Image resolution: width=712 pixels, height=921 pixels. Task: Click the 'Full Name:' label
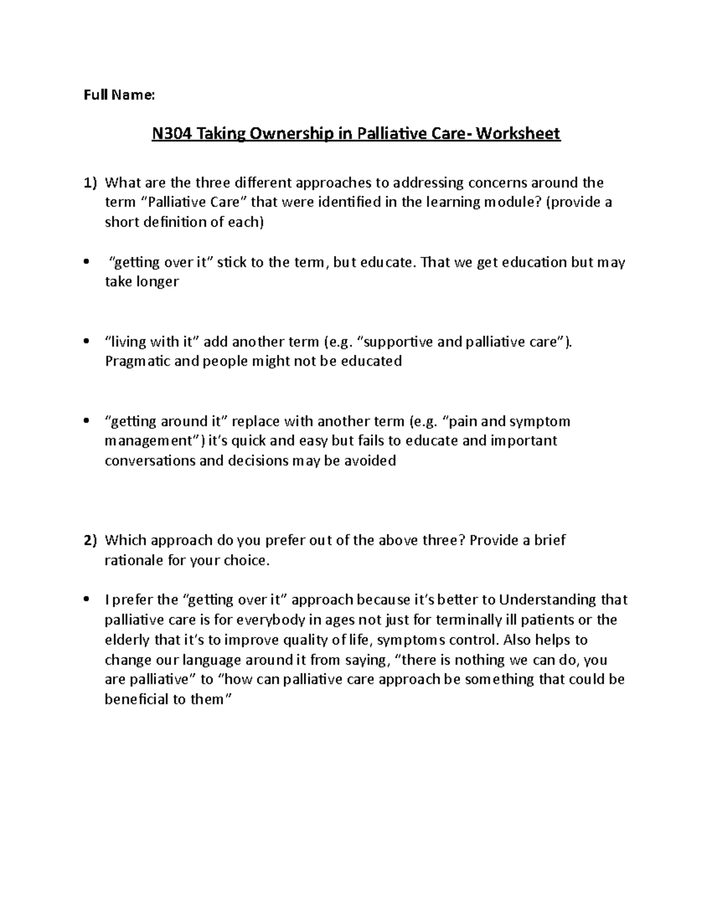(119, 95)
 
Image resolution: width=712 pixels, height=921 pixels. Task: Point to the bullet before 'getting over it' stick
(87, 262)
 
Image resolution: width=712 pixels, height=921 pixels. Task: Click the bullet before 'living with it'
(87, 342)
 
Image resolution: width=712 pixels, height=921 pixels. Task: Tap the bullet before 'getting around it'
(87, 422)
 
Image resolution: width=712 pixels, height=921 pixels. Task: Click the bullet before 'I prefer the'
(87, 600)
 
